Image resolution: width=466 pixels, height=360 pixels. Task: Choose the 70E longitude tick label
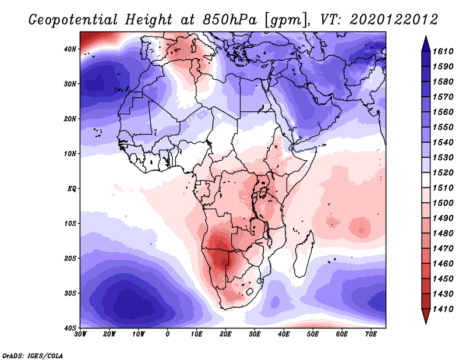(x=370, y=334)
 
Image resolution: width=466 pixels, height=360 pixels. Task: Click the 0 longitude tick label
(x=168, y=334)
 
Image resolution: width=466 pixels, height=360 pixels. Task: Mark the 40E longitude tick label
(x=284, y=334)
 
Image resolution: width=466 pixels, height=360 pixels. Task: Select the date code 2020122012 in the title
(x=394, y=19)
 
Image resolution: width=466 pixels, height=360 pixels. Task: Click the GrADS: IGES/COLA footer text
(x=32, y=354)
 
